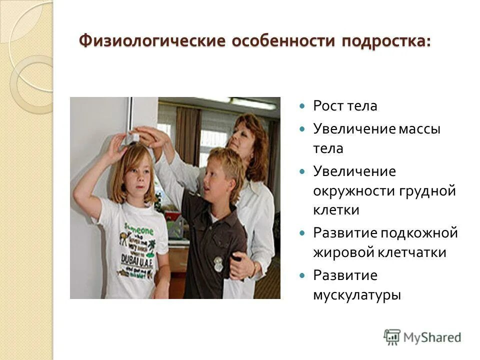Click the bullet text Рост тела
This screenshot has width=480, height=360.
(x=338, y=106)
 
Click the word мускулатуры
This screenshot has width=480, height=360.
(x=357, y=294)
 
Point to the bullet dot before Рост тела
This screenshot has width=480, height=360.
(x=301, y=106)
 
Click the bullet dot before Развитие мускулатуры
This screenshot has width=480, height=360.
(x=301, y=275)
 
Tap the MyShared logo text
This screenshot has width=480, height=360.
(x=433, y=337)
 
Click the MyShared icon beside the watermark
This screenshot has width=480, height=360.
(x=392, y=337)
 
